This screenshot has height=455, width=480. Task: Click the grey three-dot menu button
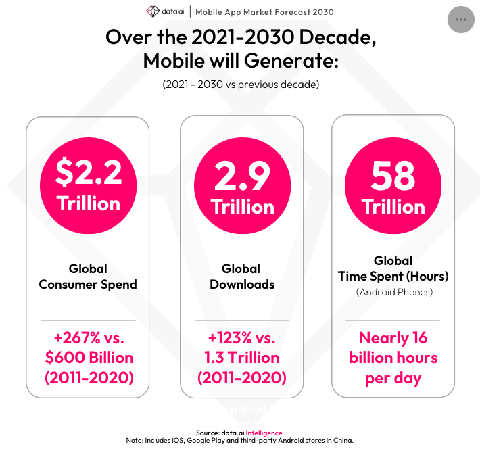tap(461, 19)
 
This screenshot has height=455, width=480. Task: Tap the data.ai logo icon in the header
tap(152, 12)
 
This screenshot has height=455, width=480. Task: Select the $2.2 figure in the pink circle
tap(89, 174)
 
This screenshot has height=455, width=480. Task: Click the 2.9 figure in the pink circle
tap(242, 177)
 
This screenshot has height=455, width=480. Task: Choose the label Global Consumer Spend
tap(88, 277)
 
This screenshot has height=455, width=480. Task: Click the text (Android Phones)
tap(393, 292)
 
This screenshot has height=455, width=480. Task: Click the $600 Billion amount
tap(89, 358)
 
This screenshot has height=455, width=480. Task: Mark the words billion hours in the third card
tap(393, 358)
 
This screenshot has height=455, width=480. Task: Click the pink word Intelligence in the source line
tap(264, 433)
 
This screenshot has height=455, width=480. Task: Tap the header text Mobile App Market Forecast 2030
tap(264, 12)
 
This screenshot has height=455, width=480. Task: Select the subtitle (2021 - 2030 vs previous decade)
tap(241, 85)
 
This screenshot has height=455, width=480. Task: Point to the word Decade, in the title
tap(333, 37)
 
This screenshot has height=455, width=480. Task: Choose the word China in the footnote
tap(341, 441)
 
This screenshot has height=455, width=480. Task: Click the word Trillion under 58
tap(393, 206)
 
